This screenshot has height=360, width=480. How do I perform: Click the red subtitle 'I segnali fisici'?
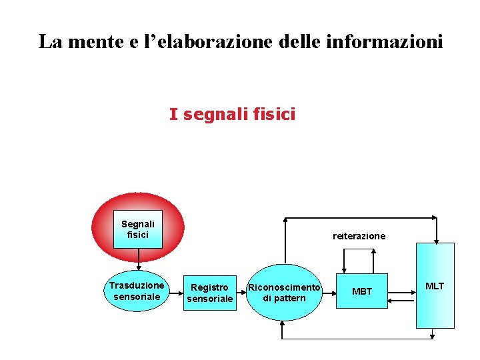(x=232, y=115)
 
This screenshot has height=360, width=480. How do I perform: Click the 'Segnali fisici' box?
(x=138, y=229)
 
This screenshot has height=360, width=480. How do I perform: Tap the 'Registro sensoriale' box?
(x=210, y=293)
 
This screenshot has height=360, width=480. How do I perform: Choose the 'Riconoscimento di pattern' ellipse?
(x=284, y=292)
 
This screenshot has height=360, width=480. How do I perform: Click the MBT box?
(x=361, y=291)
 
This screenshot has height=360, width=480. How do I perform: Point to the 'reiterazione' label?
(x=359, y=236)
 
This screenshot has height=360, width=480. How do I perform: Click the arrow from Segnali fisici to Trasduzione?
(x=138, y=259)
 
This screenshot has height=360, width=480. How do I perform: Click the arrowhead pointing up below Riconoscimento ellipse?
(x=284, y=324)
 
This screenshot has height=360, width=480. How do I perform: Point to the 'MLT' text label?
(x=435, y=286)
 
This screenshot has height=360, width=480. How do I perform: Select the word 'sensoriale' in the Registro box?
(x=210, y=299)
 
